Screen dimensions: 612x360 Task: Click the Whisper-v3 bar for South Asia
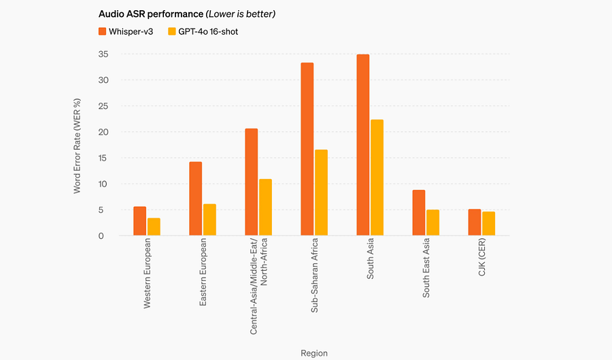(363, 145)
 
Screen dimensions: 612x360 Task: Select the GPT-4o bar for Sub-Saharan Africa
(321, 193)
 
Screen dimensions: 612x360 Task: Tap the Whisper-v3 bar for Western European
(139, 221)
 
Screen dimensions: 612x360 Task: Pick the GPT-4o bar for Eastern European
(209, 220)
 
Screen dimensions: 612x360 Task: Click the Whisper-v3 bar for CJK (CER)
(475, 222)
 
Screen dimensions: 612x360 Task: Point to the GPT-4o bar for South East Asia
(433, 223)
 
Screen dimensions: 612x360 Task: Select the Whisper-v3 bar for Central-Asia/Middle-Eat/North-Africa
(252, 182)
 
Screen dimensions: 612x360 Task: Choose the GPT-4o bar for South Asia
(377, 178)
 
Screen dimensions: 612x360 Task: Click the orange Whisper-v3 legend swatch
(102, 31)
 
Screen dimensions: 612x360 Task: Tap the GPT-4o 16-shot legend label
(208, 31)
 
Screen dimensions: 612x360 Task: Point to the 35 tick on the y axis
(103, 54)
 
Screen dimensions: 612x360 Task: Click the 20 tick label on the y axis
(103, 132)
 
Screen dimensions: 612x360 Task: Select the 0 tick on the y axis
(101, 236)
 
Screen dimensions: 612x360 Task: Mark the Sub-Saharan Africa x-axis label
(314, 276)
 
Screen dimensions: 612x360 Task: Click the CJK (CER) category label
(481, 257)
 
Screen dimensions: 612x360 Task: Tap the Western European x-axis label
(147, 274)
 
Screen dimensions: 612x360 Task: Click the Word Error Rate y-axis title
(77, 146)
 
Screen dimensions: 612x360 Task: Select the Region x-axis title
(314, 353)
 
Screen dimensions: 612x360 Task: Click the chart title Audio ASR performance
(151, 14)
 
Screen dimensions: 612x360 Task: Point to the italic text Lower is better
(241, 14)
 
